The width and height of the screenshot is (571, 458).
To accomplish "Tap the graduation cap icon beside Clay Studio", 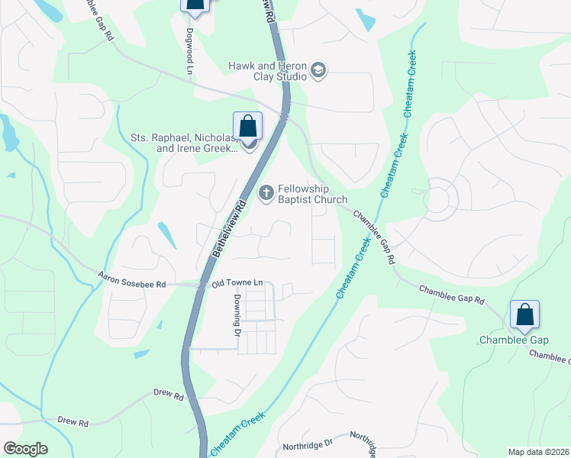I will pos(318,72).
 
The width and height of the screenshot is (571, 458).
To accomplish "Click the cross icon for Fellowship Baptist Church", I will pos(266,193).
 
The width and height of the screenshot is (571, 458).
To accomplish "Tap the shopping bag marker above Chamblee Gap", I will pos(524,314).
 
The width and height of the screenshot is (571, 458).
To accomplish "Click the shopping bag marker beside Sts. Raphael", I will pos(247,126).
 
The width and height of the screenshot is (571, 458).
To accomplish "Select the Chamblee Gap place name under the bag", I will pos(514,340).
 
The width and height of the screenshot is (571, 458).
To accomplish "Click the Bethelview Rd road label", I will pos(227,230).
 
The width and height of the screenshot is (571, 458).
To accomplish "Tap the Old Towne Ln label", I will pos(237,283).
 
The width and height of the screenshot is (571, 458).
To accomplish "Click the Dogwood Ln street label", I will pos(189,51).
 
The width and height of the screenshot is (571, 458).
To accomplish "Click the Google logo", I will pos(25,449).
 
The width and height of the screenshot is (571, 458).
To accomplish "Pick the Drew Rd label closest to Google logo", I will pos(73,421).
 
